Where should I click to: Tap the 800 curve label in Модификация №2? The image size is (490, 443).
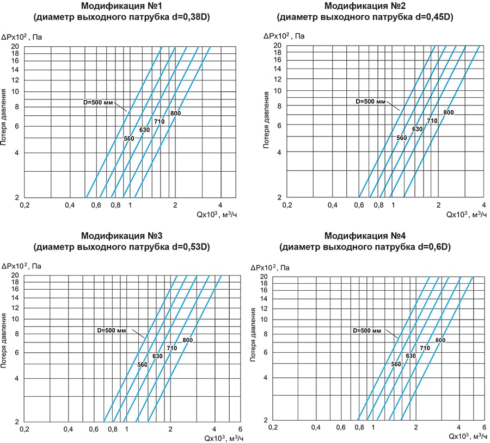tap(448, 113)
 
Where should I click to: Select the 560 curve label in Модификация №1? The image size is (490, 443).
tap(129, 139)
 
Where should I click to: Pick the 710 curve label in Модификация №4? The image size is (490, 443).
tap(425, 348)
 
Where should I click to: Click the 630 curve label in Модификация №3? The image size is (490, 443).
tap(157, 356)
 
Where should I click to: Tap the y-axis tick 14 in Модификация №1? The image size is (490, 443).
tap(15, 70)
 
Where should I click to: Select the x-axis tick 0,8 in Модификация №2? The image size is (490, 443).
tap(378, 205)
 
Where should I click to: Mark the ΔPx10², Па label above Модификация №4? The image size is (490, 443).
tap(270, 268)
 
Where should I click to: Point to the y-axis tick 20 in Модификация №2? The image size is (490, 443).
tap(277, 46)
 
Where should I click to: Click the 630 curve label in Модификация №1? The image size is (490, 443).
tap(144, 130)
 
